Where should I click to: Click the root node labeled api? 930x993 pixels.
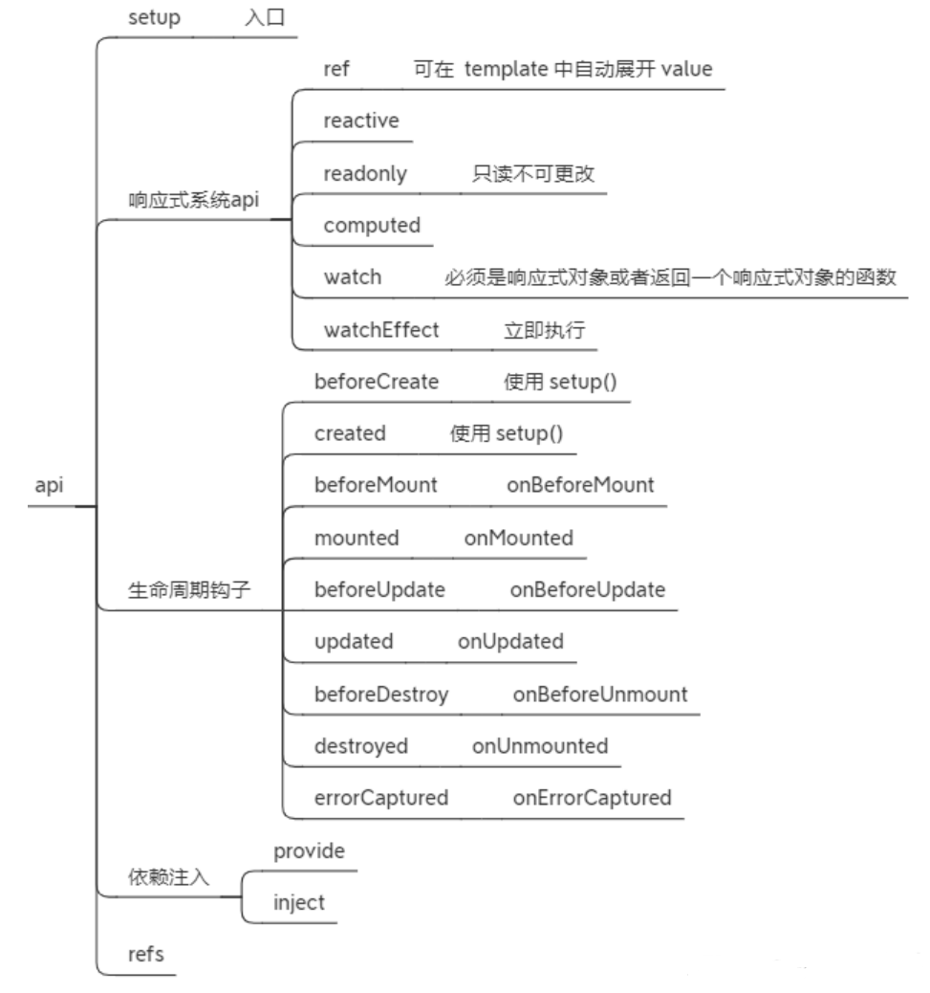tap(48, 486)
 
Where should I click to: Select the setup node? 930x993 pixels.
tap(154, 17)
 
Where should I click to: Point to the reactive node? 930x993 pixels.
tap(360, 121)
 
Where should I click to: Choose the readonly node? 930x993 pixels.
tap(365, 173)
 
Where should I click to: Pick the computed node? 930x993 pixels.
tap(372, 226)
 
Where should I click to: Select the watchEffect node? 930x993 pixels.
tap(381, 330)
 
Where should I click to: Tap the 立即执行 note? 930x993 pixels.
tap(544, 330)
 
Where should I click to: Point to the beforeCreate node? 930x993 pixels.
tap(377, 382)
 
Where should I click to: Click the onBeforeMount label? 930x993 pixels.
tap(580, 485)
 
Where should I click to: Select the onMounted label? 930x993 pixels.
tap(519, 538)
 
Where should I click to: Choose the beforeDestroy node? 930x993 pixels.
tap(381, 695)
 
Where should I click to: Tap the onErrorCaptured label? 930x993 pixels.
tap(592, 798)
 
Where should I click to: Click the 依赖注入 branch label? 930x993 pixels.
tap(168, 877)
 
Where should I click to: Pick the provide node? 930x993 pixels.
tap(309, 850)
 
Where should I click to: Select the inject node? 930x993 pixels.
tap(299, 902)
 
